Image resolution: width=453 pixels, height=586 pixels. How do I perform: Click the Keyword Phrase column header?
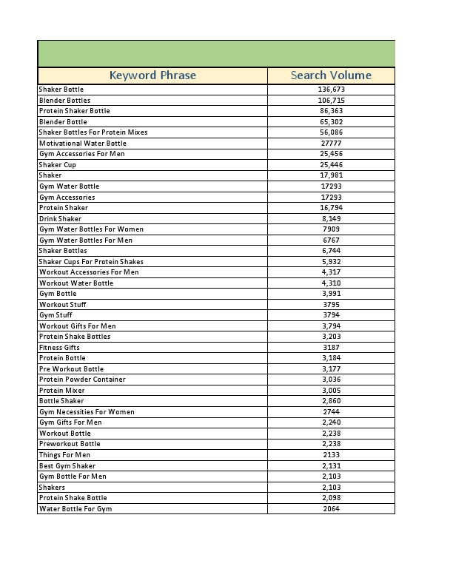pyautogui.click(x=152, y=75)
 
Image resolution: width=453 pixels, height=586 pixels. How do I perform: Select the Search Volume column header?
pyautogui.click(x=331, y=75)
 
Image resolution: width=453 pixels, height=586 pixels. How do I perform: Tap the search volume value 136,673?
pyautogui.click(x=331, y=90)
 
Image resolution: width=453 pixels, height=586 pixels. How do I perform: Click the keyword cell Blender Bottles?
pyautogui.click(x=64, y=101)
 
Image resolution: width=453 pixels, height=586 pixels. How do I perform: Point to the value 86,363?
pyautogui.click(x=331, y=111)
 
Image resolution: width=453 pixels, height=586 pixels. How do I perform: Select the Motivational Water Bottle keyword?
pyautogui.click(x=82, y=144)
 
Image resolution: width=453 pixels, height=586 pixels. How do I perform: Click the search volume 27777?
pyautogui.click(x=331, y=144)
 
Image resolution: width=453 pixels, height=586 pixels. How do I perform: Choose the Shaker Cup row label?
pyautogui.click(x=57, y=165)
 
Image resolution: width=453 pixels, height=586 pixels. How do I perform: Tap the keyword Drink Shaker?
pyautogui.click(x=60, y=219)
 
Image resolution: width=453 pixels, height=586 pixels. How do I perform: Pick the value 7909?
pyautogui.click(x=331, y=229)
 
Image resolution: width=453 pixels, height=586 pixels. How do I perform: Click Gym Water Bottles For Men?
pyautogui.click(x=85, y=240)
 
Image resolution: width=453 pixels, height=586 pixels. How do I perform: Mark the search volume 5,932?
pyautogui.click(x=331, y=262)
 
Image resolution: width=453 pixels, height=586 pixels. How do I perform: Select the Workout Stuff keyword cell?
pyautogui.click(x=64, y=305)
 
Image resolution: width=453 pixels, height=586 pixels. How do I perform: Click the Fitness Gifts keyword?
pyautogui.click(x=59, y=348)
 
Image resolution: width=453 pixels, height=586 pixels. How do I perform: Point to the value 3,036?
pyautogui.click(x=331, y=380)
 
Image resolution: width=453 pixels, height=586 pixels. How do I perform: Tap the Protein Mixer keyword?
pyautogui.click(x=61, y=391)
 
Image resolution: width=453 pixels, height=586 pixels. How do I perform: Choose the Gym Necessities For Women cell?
pyautogui.click(x=87, y=412)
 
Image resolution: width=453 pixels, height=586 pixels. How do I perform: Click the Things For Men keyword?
pyautogui.click(x=64, y=455)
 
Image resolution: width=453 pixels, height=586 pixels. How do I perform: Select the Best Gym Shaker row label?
pyautogui.click(x=67, y=466)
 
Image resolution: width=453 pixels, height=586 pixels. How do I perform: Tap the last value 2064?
pyautogui.click(x=331, y=509)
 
